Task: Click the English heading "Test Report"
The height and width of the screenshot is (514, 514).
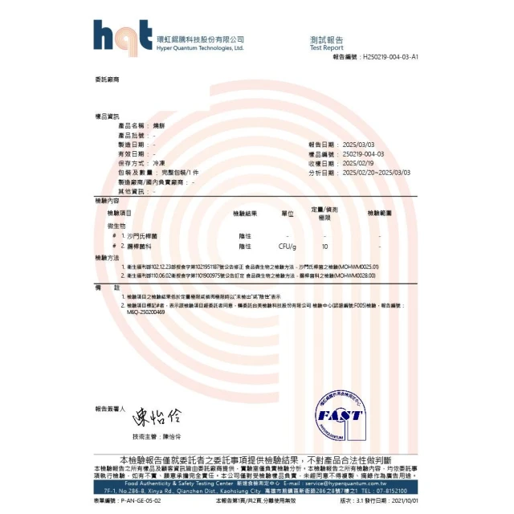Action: click(x=326, y=47)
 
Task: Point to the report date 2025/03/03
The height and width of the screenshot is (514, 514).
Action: click(x=358, y=145)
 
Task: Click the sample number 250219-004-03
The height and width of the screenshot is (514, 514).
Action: click(x=363, y=153)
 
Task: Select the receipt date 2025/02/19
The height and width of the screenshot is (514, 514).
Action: click(x=358, y=163)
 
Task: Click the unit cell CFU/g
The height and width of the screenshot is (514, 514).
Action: click(x=288, y=247)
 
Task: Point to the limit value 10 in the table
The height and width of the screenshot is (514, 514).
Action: click(x=324, y=247)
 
